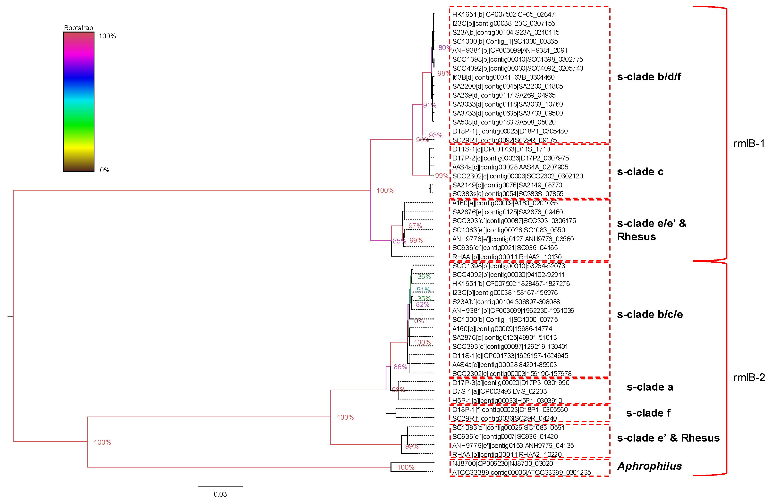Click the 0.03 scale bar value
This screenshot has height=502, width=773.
tap(220, 494)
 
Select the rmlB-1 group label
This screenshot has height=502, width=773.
tap(749, 143)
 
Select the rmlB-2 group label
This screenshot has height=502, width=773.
tap(749, 377)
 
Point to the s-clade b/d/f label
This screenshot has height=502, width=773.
tap(649, 77)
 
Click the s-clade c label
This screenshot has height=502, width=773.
tap(640, 172)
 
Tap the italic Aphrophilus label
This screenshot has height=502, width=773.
tap(649, 466)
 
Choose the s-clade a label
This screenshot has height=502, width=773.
tap(650, 387)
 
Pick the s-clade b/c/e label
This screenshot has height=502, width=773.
tap(650, 314)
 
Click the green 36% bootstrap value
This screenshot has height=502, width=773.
tap(424, 277)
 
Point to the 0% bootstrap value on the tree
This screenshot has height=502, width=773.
tap(419, 321)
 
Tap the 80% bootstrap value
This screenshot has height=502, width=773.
tap(444, 48)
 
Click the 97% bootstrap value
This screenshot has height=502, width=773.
tap(415, 226)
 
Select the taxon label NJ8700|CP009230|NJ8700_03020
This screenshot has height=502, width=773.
tap(502, 463)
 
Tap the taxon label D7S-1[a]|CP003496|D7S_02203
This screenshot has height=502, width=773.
tap(500, 391)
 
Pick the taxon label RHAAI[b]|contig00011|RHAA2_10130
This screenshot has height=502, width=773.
tap(507, 257)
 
